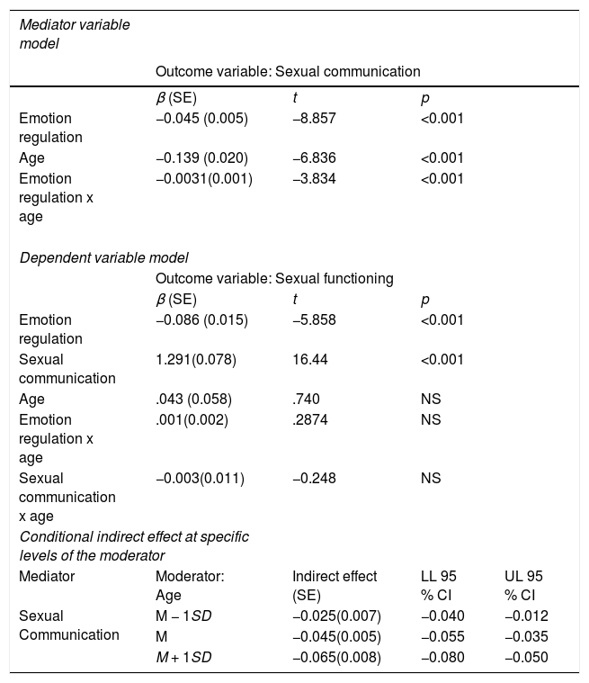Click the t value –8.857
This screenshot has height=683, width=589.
(x=314, y=119)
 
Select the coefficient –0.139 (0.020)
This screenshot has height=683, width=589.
(x=201, y=157)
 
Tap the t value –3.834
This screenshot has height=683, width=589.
(x=314, y=178)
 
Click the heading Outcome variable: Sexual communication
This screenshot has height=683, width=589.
(x=288, y=71)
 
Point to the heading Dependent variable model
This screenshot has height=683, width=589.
(x=103, y=258)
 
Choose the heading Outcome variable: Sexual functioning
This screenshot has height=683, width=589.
(x=274, y=278)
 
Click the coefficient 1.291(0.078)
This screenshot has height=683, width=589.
(x=196, y=359)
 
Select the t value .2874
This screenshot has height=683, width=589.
(x=310, y=419)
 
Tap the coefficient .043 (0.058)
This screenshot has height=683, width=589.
(x=193, y=399)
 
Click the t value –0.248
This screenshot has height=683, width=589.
(x=314, y=478)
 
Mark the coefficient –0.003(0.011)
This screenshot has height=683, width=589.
(x=200, y=478)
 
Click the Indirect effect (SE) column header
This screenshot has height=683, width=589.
(x=335, y=586)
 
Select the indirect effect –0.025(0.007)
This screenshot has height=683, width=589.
(x=336, y=616)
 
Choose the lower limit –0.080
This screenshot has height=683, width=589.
(x=442, y=657)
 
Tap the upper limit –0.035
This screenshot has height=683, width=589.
(x=526, y=636)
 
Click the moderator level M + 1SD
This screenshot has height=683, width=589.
(x=183, y=657)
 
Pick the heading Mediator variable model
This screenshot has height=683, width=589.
(x=75, y=34)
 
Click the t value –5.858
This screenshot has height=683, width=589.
(x=314, y=319)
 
